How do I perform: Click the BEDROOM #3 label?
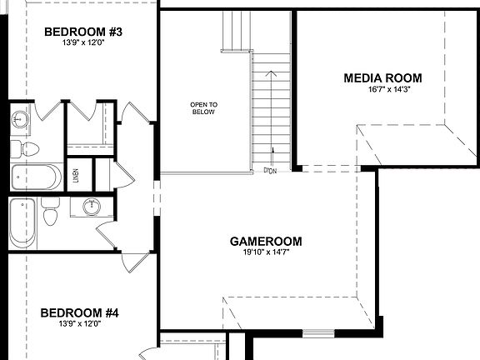tap(83, 32)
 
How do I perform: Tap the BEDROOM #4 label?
tap(80, 313)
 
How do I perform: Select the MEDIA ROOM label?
tap(382, 78)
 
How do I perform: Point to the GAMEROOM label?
tap(266, 242)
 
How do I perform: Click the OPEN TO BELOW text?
tap(202, 108)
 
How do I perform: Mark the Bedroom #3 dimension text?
tap(82, 43)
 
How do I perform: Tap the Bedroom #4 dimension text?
tap(80, 324)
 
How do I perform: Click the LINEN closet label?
tap(76, 175)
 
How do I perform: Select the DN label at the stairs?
tap(270, 171)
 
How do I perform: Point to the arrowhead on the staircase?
tap(269, 72)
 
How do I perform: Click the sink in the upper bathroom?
tap(20, 119)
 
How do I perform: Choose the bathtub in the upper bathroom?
tap(35, 177)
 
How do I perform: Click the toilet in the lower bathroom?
tap(50, 212)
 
